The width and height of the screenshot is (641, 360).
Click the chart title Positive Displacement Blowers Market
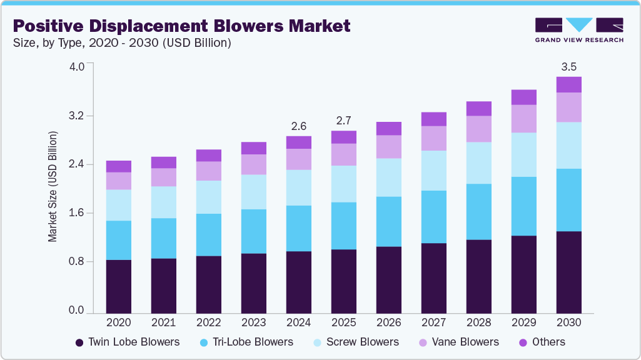181,26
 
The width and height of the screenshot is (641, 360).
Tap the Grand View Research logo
578,30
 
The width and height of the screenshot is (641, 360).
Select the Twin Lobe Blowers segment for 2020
118,286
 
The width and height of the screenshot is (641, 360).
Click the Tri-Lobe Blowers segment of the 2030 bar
568,200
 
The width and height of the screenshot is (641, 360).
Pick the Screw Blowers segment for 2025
343,184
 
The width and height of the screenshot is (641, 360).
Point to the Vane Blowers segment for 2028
478,129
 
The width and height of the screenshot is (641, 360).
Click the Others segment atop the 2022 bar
208,156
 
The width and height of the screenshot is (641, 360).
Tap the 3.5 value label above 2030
568,67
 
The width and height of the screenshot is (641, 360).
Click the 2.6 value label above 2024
298,126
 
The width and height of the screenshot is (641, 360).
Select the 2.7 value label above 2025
343,121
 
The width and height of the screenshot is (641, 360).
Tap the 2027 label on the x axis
433,323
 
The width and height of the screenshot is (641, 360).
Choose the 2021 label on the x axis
163,323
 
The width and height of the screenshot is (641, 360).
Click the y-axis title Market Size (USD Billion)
53,187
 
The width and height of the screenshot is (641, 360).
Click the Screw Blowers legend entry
355,342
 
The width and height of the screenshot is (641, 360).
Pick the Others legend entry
541,342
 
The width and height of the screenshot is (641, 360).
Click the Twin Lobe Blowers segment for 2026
388,279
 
